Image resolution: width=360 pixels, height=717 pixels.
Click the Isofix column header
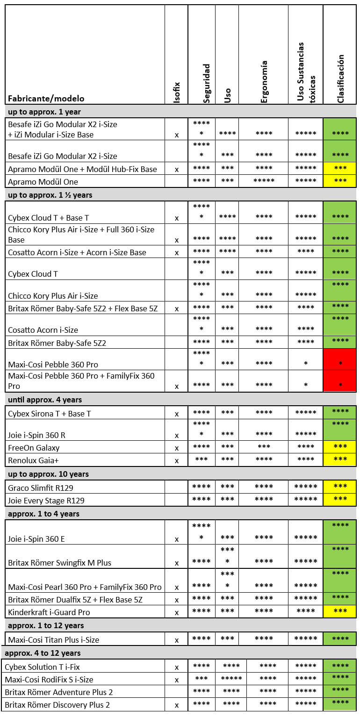177,92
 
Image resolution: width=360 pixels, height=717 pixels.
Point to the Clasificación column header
340,79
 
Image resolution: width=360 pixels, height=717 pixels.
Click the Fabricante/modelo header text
46,99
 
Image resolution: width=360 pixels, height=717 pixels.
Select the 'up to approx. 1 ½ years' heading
50,195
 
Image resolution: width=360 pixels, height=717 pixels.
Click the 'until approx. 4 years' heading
45,400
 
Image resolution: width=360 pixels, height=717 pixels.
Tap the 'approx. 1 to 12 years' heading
44,625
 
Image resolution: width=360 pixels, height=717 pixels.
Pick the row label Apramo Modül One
43,182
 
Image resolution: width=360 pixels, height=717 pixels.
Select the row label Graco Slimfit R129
41,488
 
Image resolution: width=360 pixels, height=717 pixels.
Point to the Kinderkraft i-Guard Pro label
49,612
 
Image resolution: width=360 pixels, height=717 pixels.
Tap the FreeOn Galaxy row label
34,448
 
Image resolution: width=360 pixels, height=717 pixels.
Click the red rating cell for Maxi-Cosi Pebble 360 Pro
340,359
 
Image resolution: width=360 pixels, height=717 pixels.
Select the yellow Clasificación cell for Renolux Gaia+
340,460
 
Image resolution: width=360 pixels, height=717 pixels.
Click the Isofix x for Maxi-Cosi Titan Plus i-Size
177,640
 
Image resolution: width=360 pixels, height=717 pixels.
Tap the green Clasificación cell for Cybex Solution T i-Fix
340,667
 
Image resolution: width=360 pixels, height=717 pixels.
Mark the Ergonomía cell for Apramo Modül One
264,181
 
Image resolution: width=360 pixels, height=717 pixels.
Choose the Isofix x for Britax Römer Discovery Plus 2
177,705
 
